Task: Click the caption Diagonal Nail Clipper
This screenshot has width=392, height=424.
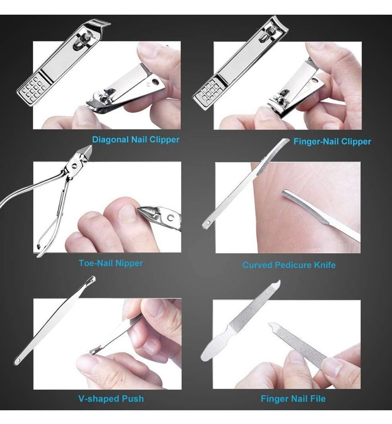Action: pyautogui.click(x=135, y=140)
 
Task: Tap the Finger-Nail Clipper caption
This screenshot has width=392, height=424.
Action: pyautogui.click(x=332, y=141)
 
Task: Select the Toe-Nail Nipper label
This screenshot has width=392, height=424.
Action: pyautogui.click(x=110, y=263)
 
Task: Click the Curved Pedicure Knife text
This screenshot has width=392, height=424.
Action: pyautogui.click(x=289, y=265)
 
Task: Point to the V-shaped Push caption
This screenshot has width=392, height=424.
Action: pyautogui.click(x=111, y=398)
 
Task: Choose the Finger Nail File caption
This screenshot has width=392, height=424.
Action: pyautogui.click(x=293, y=399)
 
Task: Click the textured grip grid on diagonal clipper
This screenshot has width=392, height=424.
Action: pyautogui.click(x=28, y=88)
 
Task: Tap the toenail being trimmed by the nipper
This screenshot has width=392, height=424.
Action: pyautogui.click(x=126, y=214)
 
